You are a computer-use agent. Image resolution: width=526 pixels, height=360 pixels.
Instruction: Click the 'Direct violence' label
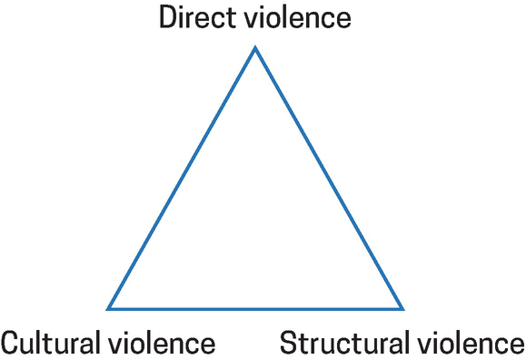pyautogui.click(x=254, y=18)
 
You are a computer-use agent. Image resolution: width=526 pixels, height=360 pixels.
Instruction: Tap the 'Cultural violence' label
pyautogui.click(x=107, y=344)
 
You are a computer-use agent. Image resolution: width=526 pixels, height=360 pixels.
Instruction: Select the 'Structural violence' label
pyautogui.click(x=402, y=344)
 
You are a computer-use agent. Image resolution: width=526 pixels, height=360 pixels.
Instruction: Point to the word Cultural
pyautogui.click(x=54, y=344)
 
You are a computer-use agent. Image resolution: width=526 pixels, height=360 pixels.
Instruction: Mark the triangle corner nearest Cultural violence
pyautogui.click(x=108, y=308)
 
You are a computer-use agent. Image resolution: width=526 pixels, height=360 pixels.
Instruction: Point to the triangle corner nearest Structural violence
pyautogui.click(x=403, y=308)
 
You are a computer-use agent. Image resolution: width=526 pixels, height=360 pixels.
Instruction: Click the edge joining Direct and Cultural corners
pyautogui.click(x=182, y=178)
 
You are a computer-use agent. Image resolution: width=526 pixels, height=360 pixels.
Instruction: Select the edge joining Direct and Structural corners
pyautogui.click(x=329, y=178)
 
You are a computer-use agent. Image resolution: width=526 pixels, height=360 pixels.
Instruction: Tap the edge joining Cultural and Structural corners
pyautogui.click(x=255, y=308)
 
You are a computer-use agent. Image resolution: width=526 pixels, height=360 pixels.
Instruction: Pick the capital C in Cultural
pyautogui.click(x=11, y=344)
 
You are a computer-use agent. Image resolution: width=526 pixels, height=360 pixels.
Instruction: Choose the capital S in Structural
pyautogui.click(x=288, y=344)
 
